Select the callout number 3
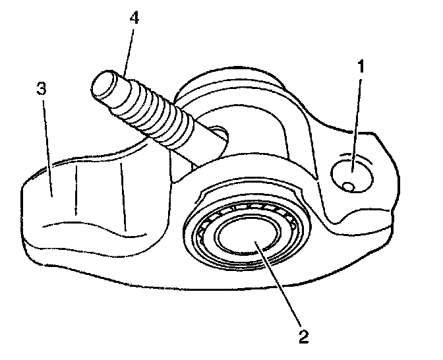pyautogui.click(x=41, y=89)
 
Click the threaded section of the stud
pyautogui.click(x=152, y=109)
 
